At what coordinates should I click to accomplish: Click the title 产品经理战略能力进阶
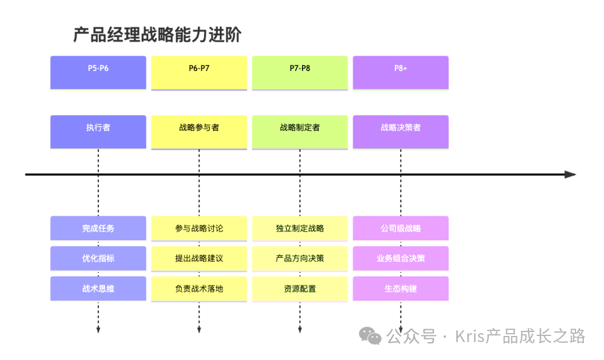(x=157, y=35)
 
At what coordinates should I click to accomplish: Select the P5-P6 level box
(x=98, y=72)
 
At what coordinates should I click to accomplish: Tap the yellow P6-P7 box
(x=199, y=72)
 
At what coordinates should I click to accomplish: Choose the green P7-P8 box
(x=300, y=72)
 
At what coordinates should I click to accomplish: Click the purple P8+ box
(x=400, y=72)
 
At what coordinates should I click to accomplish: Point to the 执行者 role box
(x=98, y=131)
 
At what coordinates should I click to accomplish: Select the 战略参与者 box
(x=199, y=131)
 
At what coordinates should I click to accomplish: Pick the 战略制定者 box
(x=300, y=131)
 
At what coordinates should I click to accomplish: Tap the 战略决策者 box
(x=400, y=131)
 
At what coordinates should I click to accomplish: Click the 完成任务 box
(x=98, y=228)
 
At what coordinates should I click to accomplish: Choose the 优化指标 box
(x=98, y=258)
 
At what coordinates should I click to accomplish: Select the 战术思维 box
(x=98, y=288)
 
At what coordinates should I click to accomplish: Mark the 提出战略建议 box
(x=199, y=258)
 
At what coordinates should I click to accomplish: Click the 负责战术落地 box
(x=199, y=288)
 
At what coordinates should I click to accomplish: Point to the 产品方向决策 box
(x=300, y=258)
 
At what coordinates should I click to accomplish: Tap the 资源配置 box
(x=300, y=288)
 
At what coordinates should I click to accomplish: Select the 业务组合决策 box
(x=400, y=258)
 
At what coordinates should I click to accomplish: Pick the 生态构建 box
(x=400, y=288)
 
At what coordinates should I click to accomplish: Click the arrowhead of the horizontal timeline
(x=570, y=174)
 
